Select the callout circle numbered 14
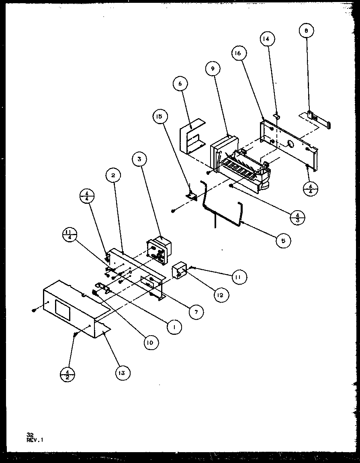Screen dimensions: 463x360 (x=267, y=39)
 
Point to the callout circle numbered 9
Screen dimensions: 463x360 (x=213, y=69)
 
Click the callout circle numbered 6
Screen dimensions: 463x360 (x=180, y=84)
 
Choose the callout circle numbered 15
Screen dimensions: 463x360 (x=159, y=117)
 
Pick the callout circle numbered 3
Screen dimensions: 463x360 (x=139, y=159)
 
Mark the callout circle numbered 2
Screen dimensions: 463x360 (x=113, y=175)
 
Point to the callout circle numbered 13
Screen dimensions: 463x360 (x=122, y=373)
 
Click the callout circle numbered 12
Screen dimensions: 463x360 (x=221, y=295)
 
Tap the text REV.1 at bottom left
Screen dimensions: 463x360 (x=35, y=440)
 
